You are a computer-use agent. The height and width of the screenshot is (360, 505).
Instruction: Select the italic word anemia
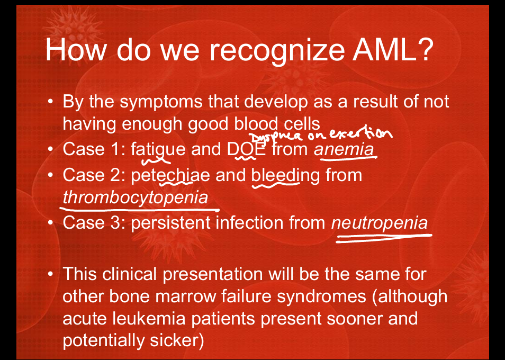point(344,149)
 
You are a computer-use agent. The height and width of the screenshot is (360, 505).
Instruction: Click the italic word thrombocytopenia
point(136,197)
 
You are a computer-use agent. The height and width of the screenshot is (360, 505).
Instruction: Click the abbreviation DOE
point(246,149)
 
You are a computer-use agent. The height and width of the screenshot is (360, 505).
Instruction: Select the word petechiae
point(170,175)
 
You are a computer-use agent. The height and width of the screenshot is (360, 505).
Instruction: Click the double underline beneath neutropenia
point(384,238)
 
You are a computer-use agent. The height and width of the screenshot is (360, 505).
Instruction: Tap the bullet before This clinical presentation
point(50,275)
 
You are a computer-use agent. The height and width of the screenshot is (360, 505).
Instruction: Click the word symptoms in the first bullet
point(161,102)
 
